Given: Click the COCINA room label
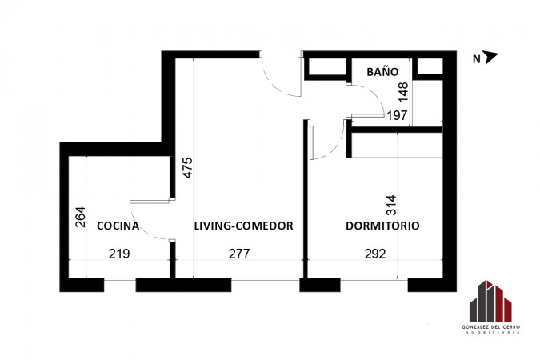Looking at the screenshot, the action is point(118,226).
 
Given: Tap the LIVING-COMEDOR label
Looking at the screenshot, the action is point(244,226).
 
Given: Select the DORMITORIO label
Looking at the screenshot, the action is point(382,226).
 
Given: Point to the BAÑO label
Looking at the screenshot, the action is point(382,71).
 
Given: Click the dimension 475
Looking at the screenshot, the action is point(188,168).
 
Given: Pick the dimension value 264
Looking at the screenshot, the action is point(80,217).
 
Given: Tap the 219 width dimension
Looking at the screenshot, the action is point(119,254).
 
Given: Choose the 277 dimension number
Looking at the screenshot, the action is point(239,254).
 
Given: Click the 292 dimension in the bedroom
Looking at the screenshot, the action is point(375,254).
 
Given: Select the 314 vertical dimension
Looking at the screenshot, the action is point(391,206).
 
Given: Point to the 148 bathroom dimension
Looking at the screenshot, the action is point(403,92).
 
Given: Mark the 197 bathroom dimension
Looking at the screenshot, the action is point(397,115).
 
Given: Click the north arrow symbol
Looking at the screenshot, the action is point(490,57).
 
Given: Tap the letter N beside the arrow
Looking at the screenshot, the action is point(477,59).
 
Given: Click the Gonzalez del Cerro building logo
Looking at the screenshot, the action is point(490,301).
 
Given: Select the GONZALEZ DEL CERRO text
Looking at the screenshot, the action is point(490,327).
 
